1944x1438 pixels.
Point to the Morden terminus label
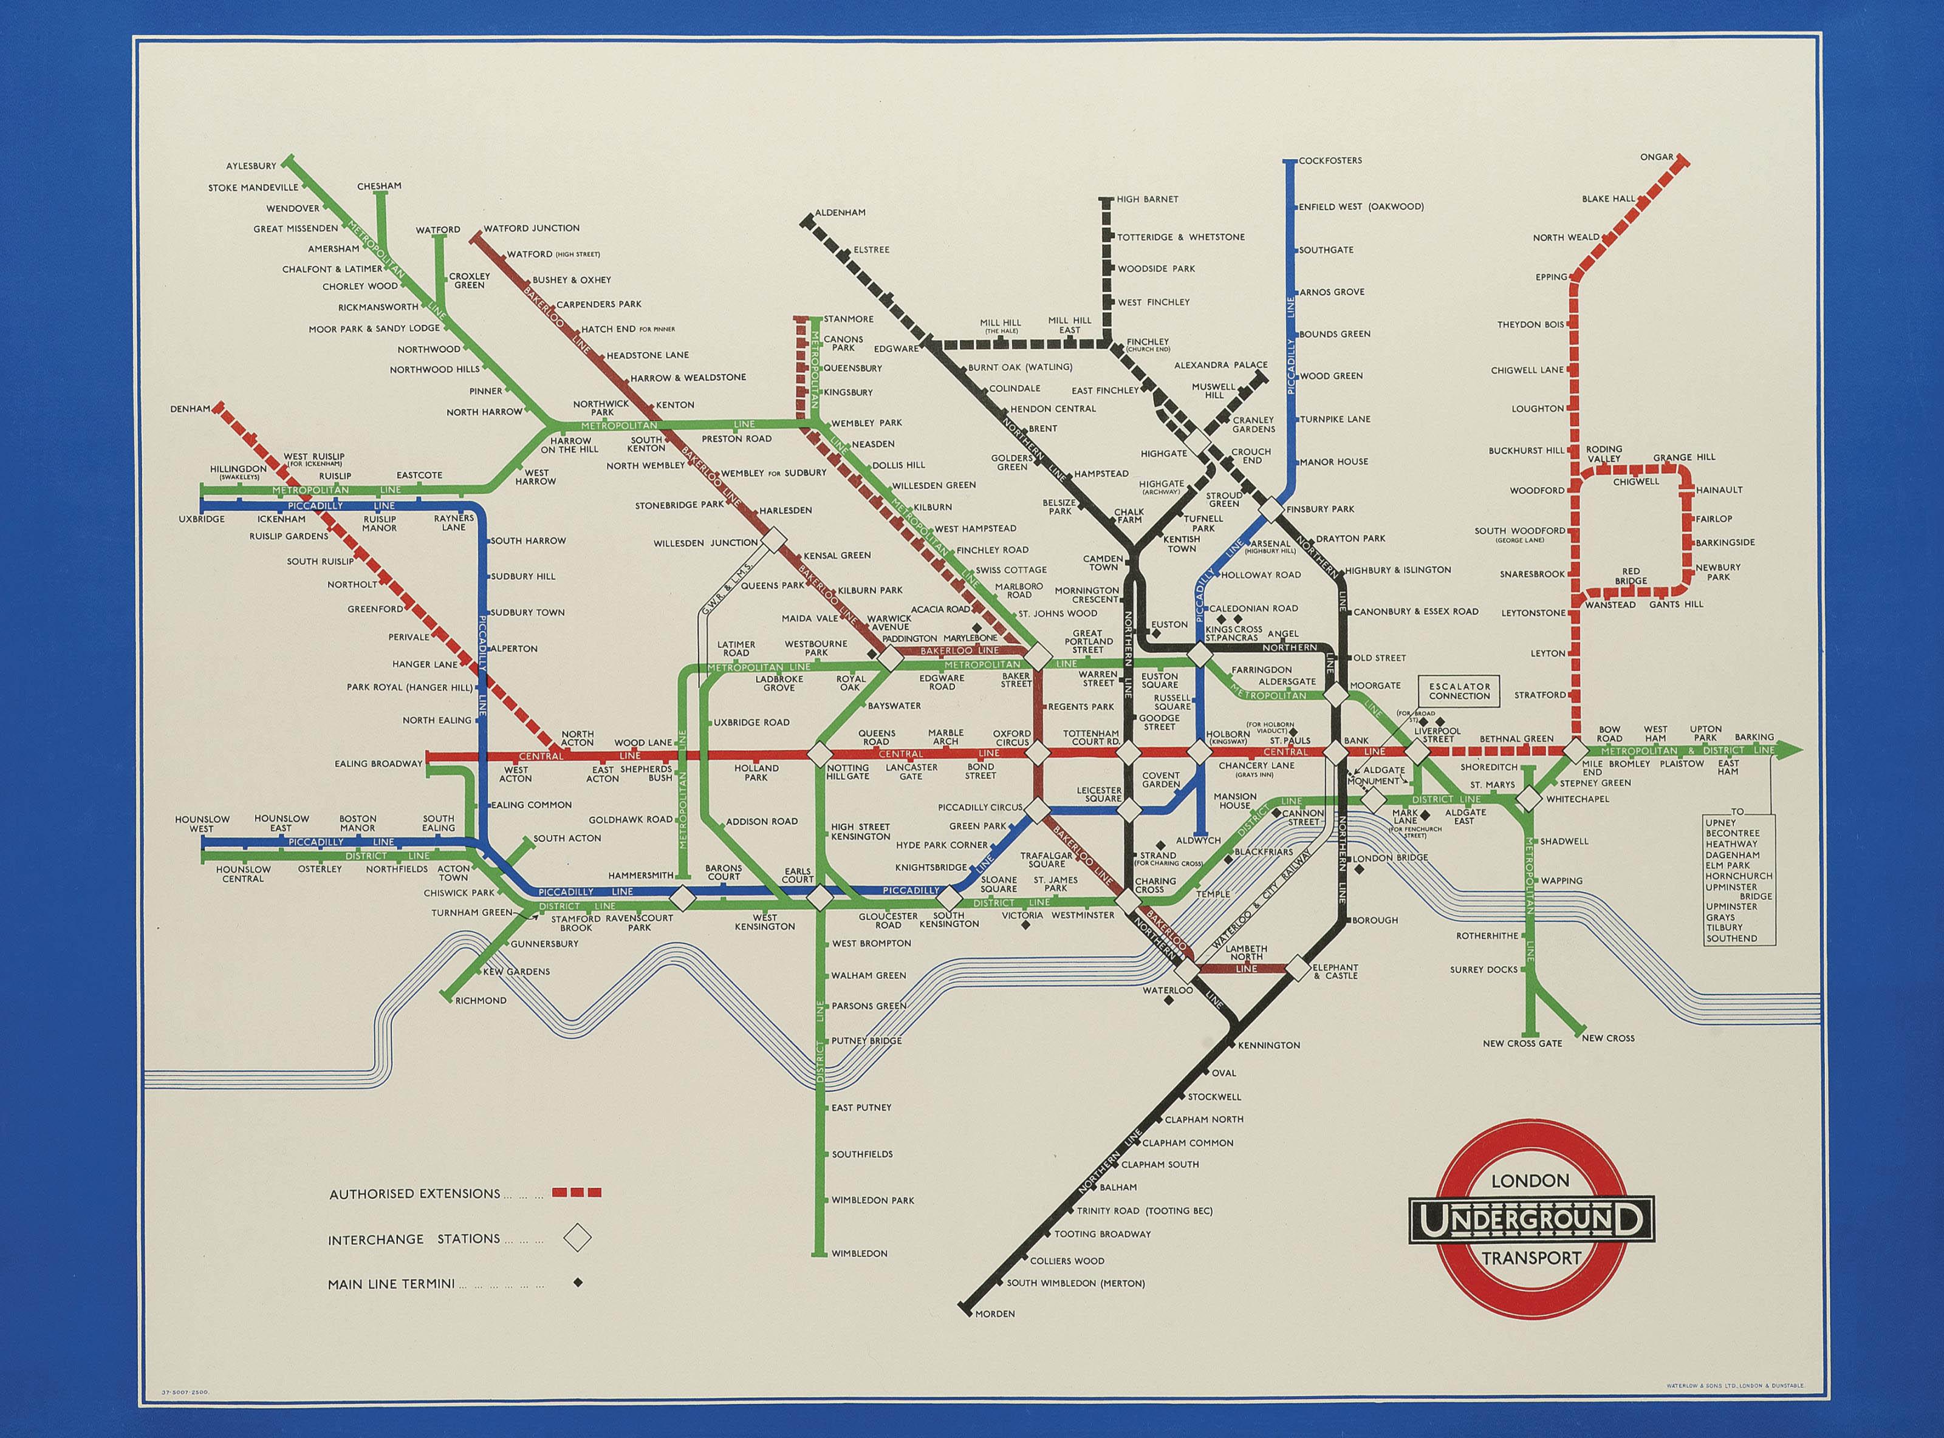994,1338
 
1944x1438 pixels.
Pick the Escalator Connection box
1459,691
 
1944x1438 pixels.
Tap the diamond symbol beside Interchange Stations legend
577,1238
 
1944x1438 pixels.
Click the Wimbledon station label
859,1253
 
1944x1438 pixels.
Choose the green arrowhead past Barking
1790,749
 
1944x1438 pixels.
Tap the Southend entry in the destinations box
1731,938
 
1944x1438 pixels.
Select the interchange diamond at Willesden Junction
768,543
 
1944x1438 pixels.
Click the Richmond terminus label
481,1000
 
